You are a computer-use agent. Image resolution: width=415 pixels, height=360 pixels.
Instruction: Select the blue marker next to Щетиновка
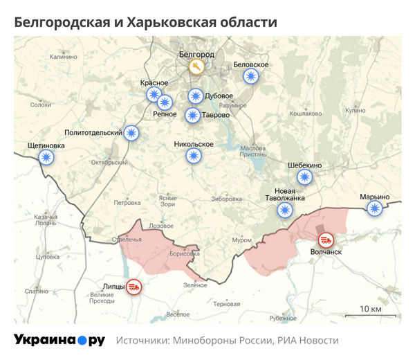tap(47, 158)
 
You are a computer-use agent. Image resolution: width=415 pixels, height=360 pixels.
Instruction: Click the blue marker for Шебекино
tap(304, 177)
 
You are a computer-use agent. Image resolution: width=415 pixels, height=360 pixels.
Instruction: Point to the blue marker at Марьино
tap(374, 208)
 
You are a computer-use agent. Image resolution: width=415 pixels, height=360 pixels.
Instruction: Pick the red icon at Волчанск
tap(326, 240)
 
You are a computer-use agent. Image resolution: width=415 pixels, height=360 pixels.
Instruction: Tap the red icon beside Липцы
tap(135, 286)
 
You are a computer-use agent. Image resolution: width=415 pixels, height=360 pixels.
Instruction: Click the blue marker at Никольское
tap(194, 156)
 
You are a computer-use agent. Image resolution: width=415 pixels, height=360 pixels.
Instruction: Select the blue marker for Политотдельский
tap(131, 132)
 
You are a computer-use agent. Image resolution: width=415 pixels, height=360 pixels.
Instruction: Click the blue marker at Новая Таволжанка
tap(284, 210)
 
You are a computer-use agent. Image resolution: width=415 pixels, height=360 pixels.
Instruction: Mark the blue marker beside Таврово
tap(193, 115)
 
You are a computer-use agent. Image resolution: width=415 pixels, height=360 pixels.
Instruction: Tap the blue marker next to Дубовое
tap(196, 96)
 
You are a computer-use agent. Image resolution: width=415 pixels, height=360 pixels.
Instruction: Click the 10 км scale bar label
tap(371, 308)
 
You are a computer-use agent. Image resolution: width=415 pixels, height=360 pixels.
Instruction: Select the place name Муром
tap(241, 240)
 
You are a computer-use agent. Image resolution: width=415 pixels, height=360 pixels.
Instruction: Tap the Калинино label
tap(63, 57)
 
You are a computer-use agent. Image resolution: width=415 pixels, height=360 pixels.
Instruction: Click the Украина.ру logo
tap(59, 340)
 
